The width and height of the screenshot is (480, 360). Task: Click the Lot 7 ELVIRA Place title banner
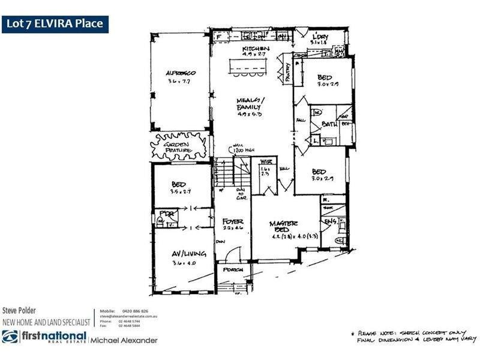55,24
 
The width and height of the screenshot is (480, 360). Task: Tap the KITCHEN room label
256,49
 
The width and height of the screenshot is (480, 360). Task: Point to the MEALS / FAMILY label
250,103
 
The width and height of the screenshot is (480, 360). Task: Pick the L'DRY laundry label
319,38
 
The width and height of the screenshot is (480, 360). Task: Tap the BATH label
329,124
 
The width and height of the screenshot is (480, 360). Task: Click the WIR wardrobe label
265,161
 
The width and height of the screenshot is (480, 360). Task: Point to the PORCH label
232,269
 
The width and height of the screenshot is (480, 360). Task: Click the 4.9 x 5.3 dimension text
249,113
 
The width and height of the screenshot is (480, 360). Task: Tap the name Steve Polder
20,311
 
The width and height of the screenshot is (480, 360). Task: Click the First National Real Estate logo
42,339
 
